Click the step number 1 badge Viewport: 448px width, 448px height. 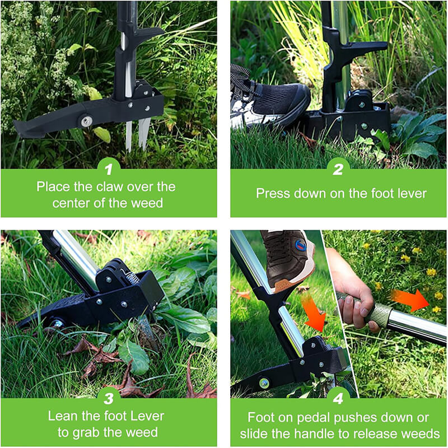pyautogui.click(x=109, y=167)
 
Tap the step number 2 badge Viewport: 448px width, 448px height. pyautogui.click(x=338, y=167)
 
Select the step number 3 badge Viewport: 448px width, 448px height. pyautogui.click(x=109, y=397)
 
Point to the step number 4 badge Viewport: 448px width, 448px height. pyautogui.click(x=338, y=397)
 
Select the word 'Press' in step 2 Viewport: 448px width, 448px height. pyautogui.click(x=273, y=194)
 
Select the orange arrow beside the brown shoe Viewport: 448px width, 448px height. pyautogui.click(x=314, y=313)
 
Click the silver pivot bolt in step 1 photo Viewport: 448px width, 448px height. pyautogui.click(x=86, y=121)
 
